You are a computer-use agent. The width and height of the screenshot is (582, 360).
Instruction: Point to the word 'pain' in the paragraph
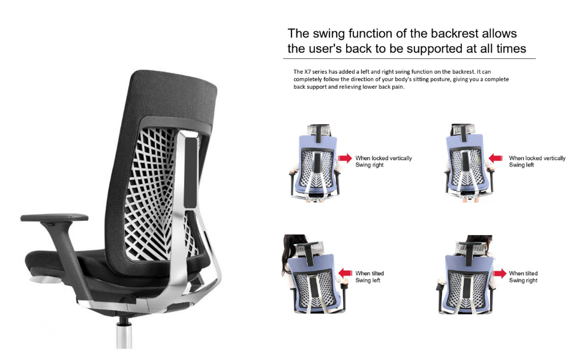tap(397, 87)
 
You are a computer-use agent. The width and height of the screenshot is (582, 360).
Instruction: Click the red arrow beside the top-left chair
tap(345, 158)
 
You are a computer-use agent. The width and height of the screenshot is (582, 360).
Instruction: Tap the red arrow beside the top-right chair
tap(496, 158)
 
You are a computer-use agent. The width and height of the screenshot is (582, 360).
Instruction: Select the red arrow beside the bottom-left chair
tap(345, 273)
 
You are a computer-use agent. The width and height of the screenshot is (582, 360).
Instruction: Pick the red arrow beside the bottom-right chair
tap(499, 274)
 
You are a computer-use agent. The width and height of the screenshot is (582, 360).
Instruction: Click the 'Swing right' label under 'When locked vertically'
tap(370, 165)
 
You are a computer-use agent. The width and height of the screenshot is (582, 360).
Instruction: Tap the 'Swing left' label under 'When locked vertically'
tap(522, 165)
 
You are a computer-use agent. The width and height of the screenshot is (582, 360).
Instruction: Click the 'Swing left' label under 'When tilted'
tap(368, 280)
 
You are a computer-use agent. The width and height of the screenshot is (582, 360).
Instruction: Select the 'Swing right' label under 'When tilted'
tap(523, 280)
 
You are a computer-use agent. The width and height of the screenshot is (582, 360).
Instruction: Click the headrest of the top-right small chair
tap(466, 129)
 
